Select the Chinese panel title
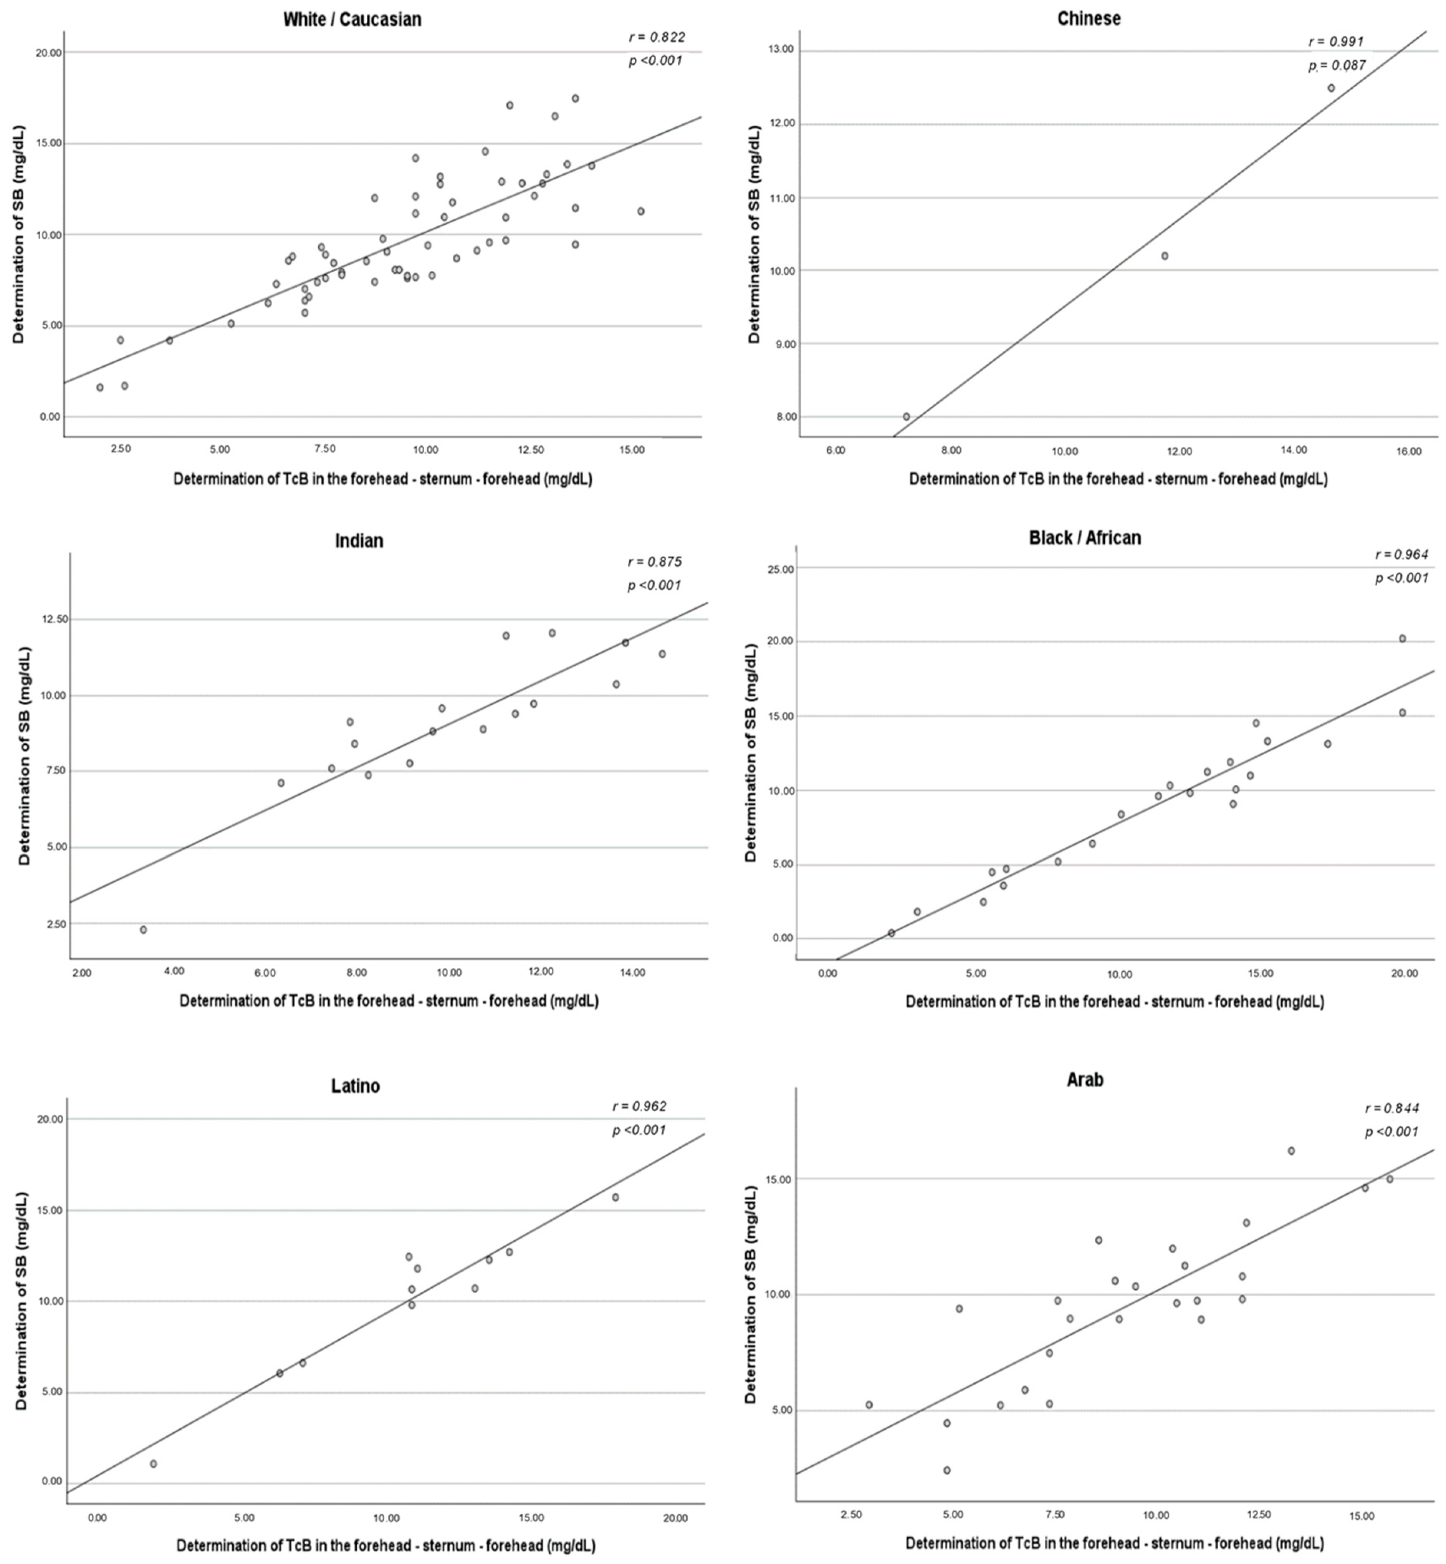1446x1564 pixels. (x=1089, y=18)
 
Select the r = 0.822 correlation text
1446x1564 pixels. (x=657, y=37)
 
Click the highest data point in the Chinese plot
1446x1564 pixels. (x=1331, y=88)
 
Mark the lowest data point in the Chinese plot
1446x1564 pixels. (x=906, y=416)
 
